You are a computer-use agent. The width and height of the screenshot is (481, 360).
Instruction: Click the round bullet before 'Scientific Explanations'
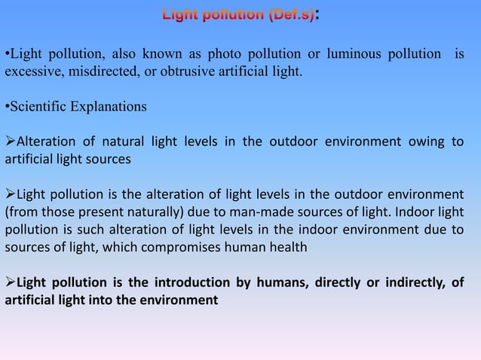click(8, 105)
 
